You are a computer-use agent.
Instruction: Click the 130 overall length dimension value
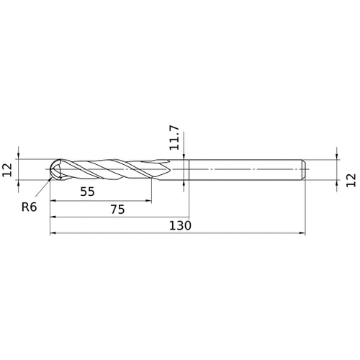coord(180,225)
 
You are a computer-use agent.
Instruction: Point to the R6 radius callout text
coord(30,207)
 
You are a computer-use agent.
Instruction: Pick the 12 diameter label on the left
coord(8,170)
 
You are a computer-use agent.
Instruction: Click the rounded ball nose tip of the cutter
coord(55,171)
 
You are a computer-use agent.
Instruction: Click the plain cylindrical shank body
coord(245,171)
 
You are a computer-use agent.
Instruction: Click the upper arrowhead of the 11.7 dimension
coord(185,155)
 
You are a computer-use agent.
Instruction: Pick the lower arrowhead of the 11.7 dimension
coord(185,186)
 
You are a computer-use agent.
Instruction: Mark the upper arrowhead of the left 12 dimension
coord(20,155)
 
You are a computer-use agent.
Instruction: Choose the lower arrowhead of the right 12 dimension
coord(336,186)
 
